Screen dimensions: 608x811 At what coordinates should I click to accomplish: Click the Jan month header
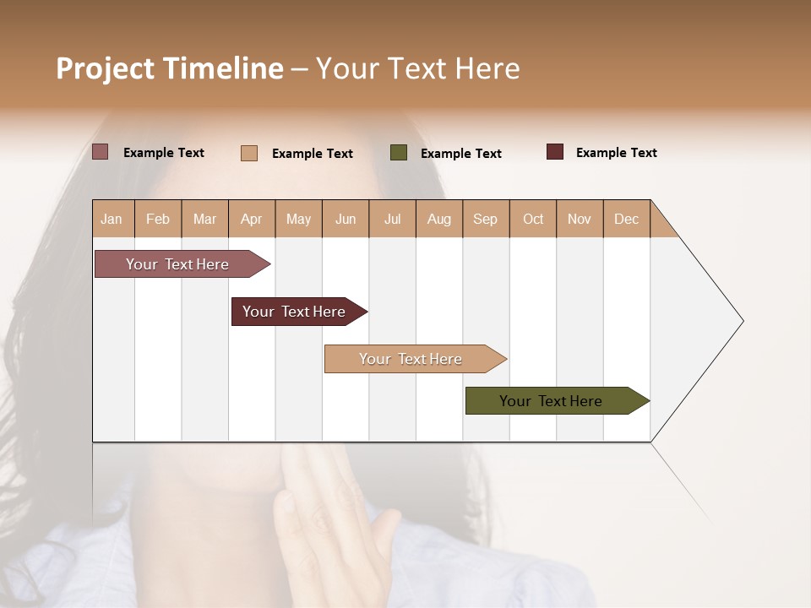pos(112,220)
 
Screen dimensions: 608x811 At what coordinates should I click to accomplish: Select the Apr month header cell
pos(252,220)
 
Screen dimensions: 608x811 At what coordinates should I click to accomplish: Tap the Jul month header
pos(393,220)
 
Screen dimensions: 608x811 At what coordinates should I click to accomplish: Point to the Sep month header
pos(486,220)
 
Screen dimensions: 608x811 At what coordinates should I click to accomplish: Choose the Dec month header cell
pos(627,220)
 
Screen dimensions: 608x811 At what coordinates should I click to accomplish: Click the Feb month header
pos(158,220)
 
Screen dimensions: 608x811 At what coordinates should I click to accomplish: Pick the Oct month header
pos(533,220)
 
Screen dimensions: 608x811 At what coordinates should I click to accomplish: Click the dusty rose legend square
pos(101,152)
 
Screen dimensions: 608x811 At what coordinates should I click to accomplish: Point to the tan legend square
pos(249,153)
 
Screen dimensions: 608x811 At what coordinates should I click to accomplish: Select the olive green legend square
pos(399,152)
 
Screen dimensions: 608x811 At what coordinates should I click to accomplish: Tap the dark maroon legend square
pos(555,152)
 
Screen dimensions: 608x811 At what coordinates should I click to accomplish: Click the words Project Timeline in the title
pos(170,68)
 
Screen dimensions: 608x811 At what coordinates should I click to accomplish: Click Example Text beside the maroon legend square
pos(616,153)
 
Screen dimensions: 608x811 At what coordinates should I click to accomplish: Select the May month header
pos(298,220)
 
